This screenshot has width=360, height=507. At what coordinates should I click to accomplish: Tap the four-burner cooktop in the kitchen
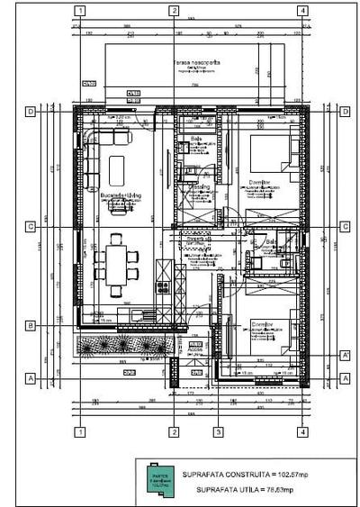(164, 287)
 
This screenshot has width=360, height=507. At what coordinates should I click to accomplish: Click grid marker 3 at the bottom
(218, 431)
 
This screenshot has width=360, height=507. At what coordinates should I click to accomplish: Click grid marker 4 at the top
(303, 12)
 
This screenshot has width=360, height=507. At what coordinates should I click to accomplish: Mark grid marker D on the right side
(346, 112)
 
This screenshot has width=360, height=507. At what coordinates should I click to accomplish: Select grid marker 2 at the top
(172, 12)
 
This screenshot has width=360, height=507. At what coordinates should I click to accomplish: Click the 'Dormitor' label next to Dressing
(261, 182)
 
